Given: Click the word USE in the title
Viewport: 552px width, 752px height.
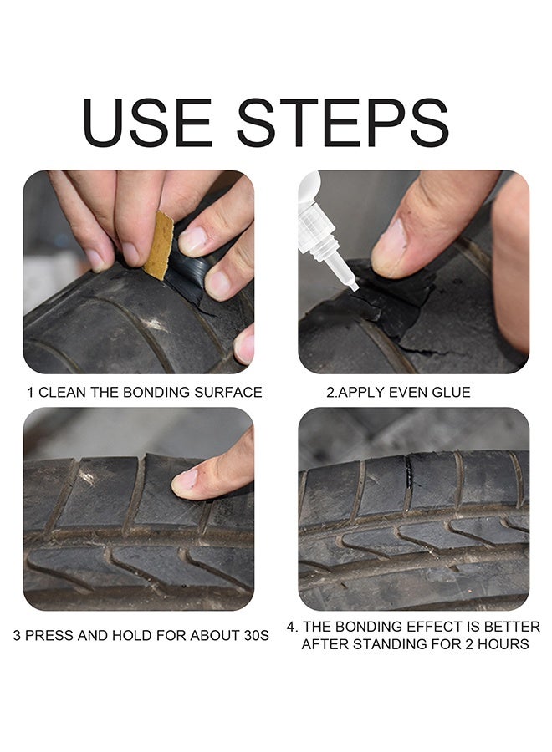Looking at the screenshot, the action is click(147, 123).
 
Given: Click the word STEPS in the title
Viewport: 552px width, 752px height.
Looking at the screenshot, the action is click(343, 123).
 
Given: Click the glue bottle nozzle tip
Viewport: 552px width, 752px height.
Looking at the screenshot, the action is click(353, 287).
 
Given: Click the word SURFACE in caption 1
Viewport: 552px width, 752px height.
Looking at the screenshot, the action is click(228, 393).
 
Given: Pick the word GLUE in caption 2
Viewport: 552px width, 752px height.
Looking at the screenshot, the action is click(451, 393).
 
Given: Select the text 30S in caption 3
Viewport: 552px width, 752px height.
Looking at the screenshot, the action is click(256, 636).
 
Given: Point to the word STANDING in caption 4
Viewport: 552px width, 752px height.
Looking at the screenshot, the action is click(392, 644).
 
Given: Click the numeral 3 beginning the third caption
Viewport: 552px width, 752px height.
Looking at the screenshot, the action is click(17, 636).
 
